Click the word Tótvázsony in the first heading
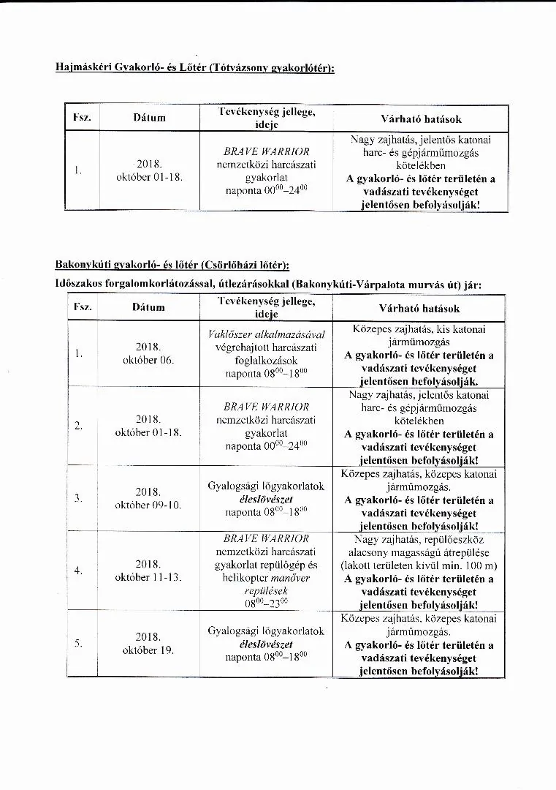(240, 68)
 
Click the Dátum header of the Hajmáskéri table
(149, 118)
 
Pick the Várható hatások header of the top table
(421, 118)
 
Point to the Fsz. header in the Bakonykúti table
(82, 307)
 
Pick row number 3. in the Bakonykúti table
(77, 498)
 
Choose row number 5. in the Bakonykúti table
(77, 644)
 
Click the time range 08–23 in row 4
(267, 604)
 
